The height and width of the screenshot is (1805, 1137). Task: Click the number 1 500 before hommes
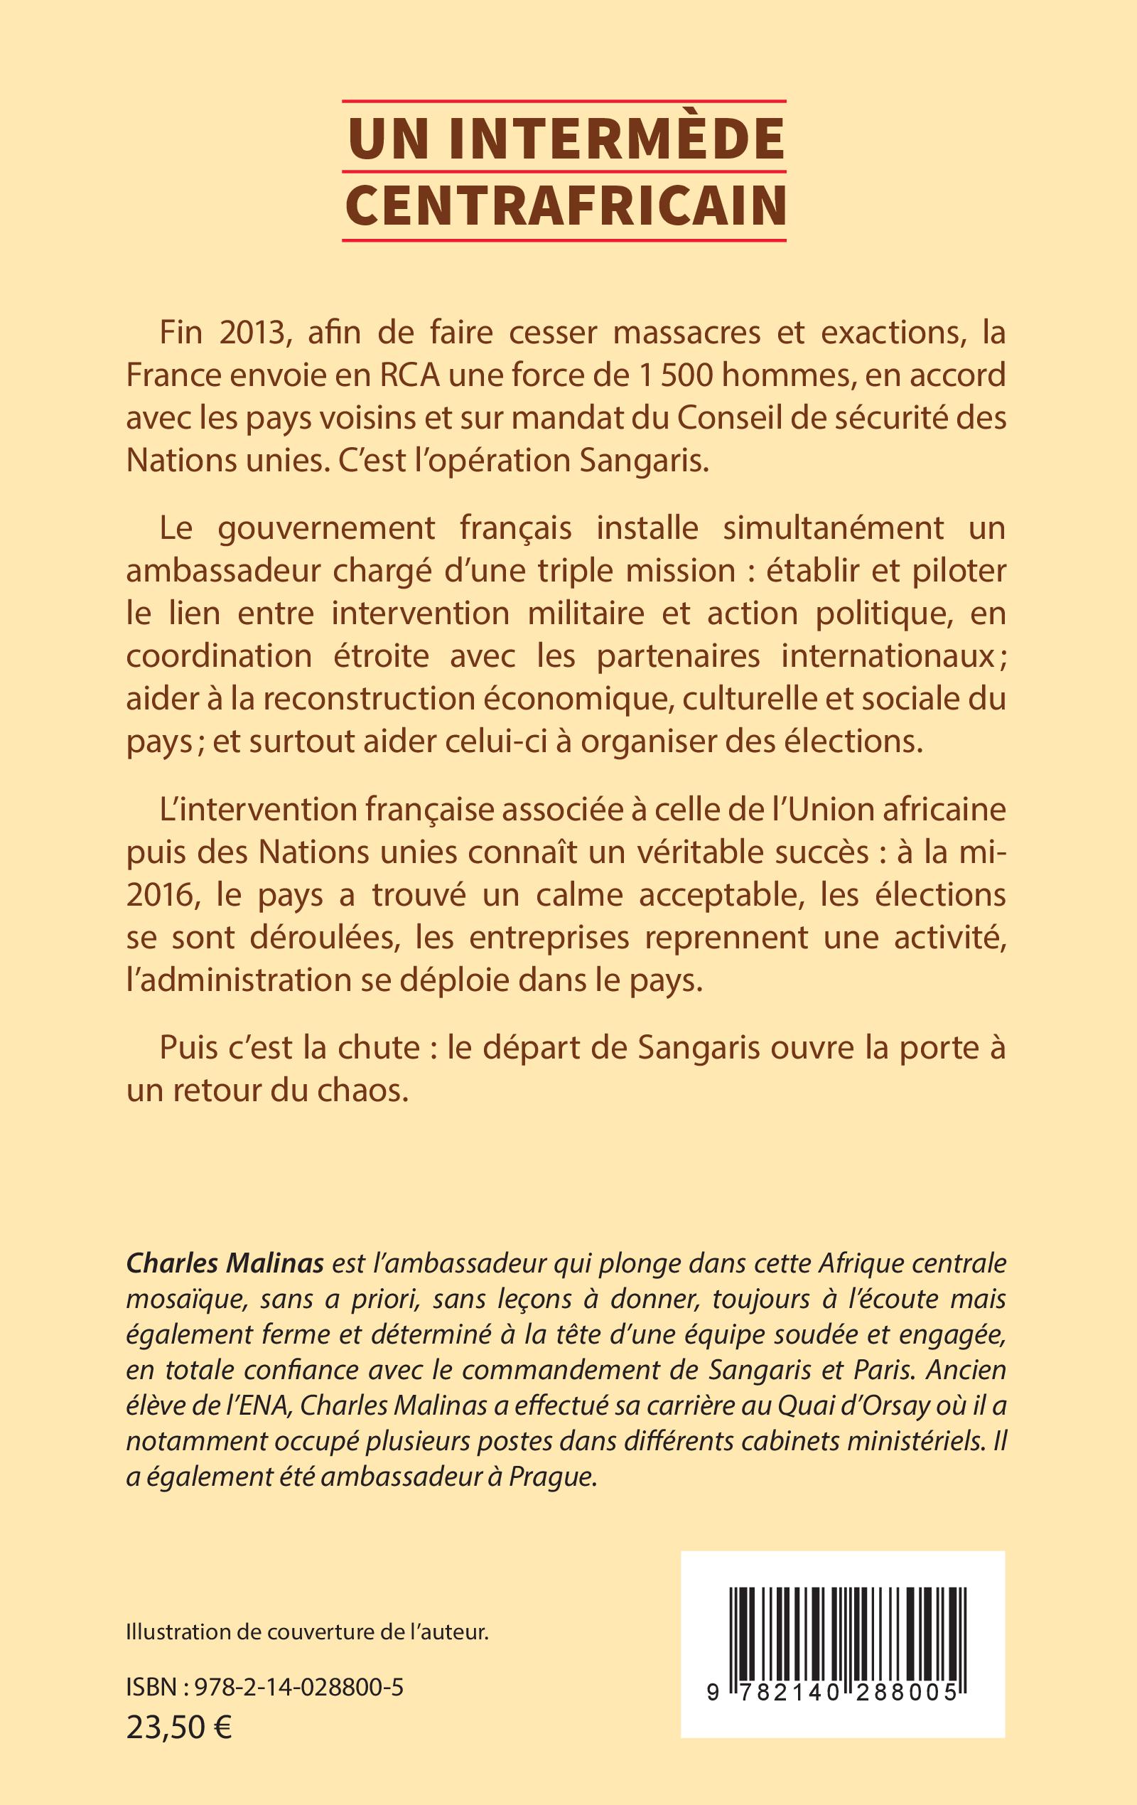(672, 375)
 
